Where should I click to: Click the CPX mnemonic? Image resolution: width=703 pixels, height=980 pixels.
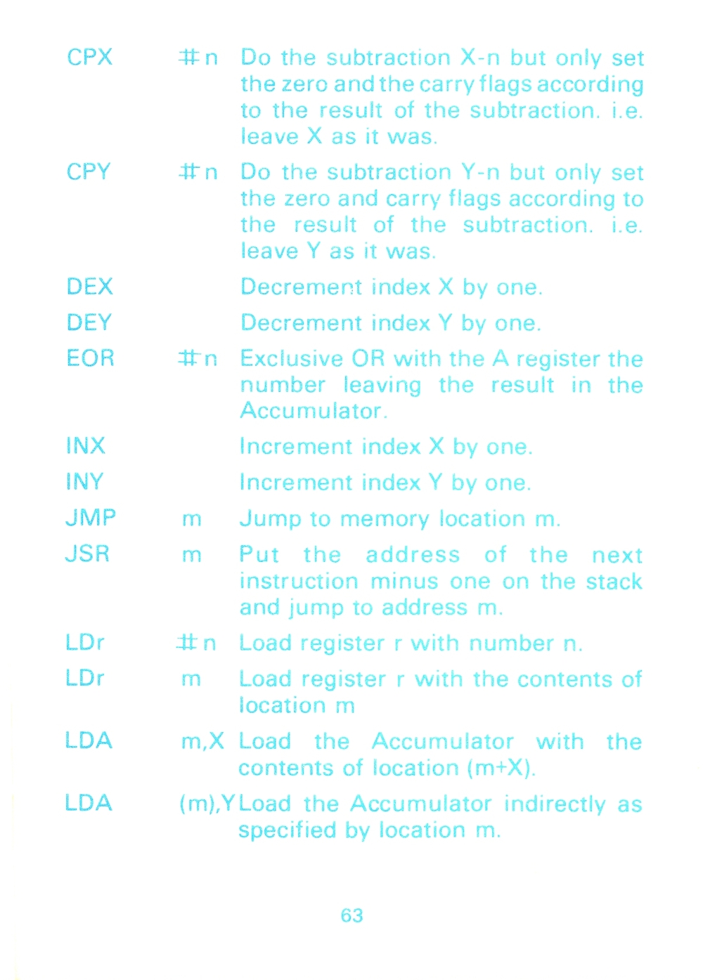(x=89, y=57)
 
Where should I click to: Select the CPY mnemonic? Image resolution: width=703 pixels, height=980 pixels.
(x=89, y=171)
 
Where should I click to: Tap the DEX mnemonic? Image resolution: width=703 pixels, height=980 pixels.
(x=90, y=287)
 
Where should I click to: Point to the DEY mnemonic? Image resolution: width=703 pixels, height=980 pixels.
(x=89, y=322)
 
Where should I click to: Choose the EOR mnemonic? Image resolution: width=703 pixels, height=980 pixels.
(x=90, y=358)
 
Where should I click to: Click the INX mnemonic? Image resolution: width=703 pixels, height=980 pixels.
(x=85, y=446)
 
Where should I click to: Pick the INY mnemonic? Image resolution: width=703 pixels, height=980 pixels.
(x=84, y=482)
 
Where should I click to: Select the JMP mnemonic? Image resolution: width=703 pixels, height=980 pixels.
(x=91, y=518)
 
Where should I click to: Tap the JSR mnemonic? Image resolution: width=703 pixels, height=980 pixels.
(x=87, y=554)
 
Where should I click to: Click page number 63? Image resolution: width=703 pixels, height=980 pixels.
(x=352, y=915)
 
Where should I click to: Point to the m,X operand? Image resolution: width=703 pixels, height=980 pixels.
(x=202, y=741)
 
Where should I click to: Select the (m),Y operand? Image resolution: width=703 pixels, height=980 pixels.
(x=208, y=804)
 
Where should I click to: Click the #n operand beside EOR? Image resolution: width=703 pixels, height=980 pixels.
(x=198, y=359)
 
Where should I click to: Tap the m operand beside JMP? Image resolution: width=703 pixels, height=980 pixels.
(x=191, y=519)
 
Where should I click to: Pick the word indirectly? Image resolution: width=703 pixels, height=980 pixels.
(x=555, y=805)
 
